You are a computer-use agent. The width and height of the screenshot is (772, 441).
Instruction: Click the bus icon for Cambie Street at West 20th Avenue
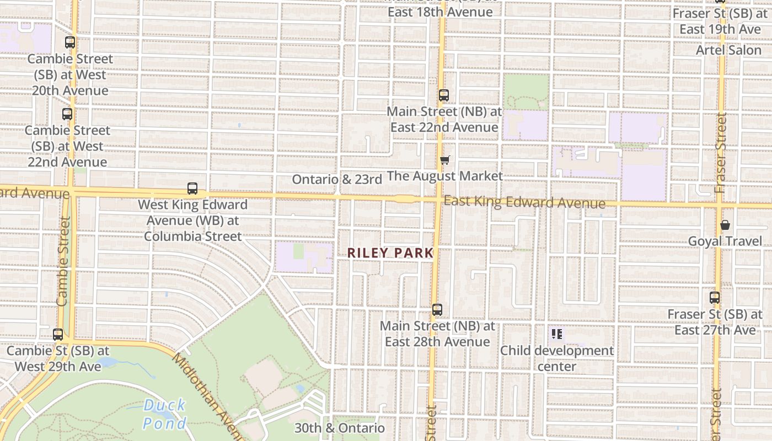pos(70,42)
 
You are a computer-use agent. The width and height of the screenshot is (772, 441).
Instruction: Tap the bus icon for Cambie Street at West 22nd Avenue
pos(67,114)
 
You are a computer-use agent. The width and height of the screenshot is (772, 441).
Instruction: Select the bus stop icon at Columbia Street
pos(192,189)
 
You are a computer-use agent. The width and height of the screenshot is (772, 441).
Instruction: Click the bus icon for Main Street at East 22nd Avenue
pos(444,95)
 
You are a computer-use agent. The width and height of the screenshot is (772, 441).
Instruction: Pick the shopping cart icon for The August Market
pos(444,160)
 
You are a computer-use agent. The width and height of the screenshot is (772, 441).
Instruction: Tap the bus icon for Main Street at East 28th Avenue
pos(437,310)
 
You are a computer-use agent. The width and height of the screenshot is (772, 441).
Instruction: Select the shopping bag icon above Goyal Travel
pos(725,225)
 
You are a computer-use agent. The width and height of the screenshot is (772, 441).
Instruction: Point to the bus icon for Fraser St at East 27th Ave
pos(715,298)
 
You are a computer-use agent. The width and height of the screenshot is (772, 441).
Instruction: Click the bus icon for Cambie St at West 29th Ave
pos(58,335)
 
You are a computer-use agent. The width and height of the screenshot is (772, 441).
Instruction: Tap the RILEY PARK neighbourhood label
pos(390,253)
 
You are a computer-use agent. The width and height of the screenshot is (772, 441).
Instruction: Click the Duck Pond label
pos(164,415)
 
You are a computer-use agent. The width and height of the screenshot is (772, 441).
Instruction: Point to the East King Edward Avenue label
pos(524,202)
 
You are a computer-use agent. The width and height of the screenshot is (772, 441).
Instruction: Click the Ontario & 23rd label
pos(337,179)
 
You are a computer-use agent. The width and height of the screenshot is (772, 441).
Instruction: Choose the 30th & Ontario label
pos(339,428)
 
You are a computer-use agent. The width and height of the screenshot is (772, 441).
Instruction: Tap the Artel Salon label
pos(728,50)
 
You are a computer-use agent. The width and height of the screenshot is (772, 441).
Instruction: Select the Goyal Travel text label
pos(725,241)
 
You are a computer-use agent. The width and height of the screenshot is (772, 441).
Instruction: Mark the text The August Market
pos(445,176)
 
